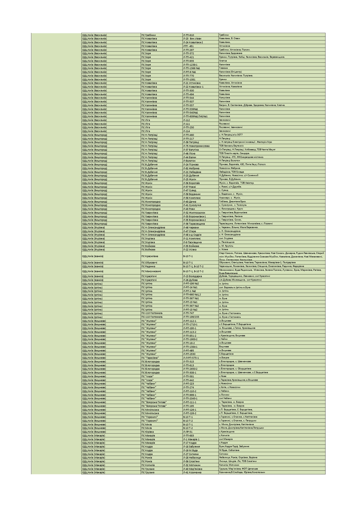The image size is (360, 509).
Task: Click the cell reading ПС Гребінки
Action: pos(149,35)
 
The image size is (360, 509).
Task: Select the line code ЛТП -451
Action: pos(188,46)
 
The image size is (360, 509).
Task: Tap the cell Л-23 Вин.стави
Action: pos(192,39)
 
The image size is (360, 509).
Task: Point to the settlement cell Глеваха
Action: pos(224,68)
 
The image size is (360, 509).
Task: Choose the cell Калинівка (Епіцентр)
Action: pos(231,72)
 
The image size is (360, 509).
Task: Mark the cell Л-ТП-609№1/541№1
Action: pos(195,116)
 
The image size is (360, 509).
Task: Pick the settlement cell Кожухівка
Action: pos(224,98)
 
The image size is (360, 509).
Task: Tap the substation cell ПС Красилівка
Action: pos(150,256)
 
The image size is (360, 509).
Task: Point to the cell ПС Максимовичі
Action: pos(151,271)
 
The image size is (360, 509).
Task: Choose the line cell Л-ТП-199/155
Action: pos(191,317)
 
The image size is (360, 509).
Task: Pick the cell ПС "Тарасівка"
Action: pos(150,358)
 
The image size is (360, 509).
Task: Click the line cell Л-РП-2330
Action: pos(189,354)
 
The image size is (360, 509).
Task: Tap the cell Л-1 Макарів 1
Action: pos(191,439)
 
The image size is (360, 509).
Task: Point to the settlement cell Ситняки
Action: pos(224,454)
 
